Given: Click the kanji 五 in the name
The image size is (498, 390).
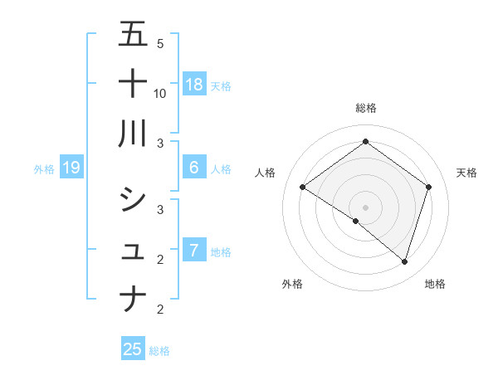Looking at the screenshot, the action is click(134, 34).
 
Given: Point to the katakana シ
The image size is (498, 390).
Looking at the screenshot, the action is click(134, 199).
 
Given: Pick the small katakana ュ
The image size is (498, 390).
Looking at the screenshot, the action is click(134, 250).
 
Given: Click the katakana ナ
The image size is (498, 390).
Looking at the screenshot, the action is click(134, 297).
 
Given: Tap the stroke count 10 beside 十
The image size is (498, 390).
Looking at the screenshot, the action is click(161, 93).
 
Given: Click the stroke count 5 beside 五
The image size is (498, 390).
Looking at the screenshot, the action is click(160, 43).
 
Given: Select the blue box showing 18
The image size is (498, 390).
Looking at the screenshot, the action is click(194, 84).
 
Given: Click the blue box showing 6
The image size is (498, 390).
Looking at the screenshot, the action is click(194, 168).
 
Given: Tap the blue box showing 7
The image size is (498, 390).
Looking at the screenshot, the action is click(194, 251).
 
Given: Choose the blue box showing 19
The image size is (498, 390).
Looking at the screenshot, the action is click(71, 168).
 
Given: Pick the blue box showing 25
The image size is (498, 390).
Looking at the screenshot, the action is click(133, 349).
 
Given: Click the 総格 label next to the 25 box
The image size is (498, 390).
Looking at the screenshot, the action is click(159, 351).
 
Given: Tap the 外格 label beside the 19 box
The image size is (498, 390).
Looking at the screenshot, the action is click(44, 169).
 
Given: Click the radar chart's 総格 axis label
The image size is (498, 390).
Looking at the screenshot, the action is click(366, 108).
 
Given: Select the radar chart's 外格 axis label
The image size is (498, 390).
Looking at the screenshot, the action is click(292, 284).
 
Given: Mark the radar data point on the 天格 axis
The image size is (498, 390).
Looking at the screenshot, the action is click(428, 188).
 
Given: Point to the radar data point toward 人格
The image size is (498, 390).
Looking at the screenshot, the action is click(303, 188).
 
